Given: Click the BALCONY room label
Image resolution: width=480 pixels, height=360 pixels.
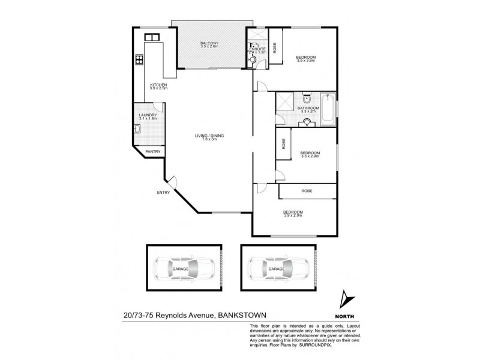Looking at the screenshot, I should pos(209,42).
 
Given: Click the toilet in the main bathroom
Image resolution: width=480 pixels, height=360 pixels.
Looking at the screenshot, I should pos(307,99).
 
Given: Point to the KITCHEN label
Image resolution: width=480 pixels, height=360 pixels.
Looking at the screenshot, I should pos(158,85).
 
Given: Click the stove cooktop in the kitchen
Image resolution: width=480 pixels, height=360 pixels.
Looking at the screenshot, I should pos(139,59).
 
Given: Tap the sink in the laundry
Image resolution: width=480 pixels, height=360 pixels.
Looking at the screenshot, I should pos(142,127).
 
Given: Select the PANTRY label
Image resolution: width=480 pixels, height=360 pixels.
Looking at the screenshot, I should pos(153,152).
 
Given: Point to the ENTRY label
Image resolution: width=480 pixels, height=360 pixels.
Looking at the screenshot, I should pos(163,193).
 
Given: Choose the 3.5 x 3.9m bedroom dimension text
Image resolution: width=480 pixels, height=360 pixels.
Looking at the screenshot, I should pos(306,61).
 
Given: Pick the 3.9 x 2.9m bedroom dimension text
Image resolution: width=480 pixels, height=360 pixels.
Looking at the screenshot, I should pos(293,215).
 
